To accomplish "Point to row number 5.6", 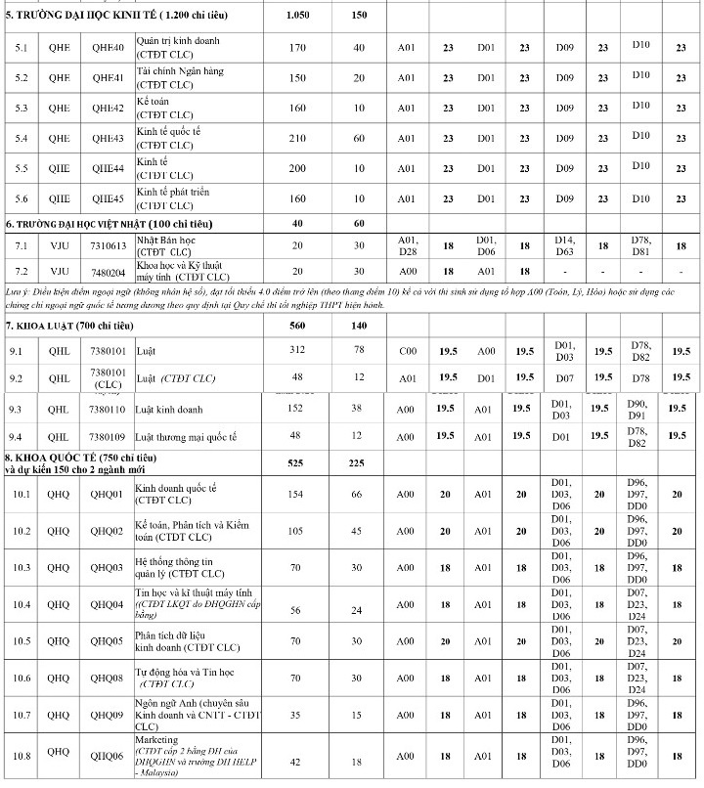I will pyautogui.click(x=22, y=197).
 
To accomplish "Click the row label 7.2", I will pyautogui.click(x=22, y=271).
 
